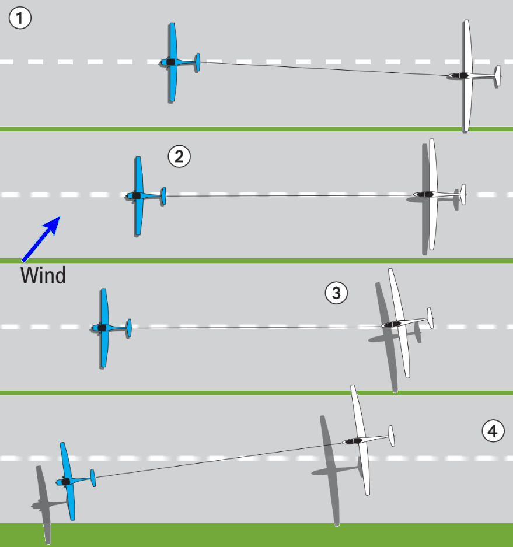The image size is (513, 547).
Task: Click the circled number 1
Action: coord(20,19)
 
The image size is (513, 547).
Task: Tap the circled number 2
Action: coord(179,156)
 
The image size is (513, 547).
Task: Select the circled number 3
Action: coord(336,293)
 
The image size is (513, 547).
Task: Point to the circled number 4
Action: coord(493,432)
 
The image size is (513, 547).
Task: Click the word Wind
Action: coord(43,275)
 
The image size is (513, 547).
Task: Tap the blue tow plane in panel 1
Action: coord(173,62)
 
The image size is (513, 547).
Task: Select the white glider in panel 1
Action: coord(466,75)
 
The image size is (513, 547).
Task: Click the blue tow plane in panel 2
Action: coord(139,195)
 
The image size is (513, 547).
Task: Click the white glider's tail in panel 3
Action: coord(430,318)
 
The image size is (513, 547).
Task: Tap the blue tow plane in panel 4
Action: coord(68,481)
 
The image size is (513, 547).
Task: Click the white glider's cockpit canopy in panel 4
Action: coord(351,441)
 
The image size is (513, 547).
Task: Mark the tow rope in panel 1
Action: coord(327,68)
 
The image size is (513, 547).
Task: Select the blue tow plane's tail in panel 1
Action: coord(197,62)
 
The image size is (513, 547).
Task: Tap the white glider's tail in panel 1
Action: coord(497,76)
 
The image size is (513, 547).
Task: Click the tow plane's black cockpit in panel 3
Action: coord(102,328)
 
